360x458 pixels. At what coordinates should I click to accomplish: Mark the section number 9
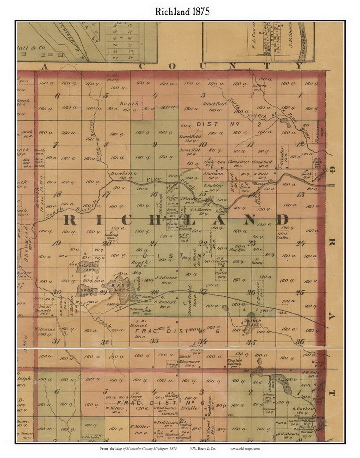(x=155, y=144)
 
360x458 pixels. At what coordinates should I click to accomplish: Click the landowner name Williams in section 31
(x=44, y=329)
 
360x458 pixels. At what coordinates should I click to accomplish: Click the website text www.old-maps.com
(x=245, y=448)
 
